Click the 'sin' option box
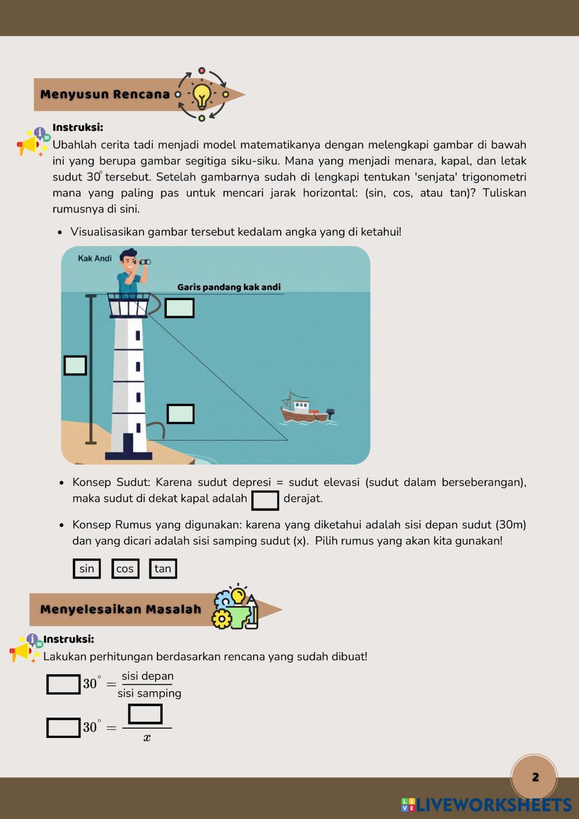(x=87, y=569)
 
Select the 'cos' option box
(x=125, y=569)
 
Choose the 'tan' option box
(x=163, y=569)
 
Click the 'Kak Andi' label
(x=95, y=258)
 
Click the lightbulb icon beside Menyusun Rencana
(x=201, y=94)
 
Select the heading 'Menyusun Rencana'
(x=105, y=94)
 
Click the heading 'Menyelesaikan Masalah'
(x=120, y=609)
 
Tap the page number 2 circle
(x=534, y=777)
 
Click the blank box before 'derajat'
(x=265, y=500)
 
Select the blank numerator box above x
(x=145, y=714)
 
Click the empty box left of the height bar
(x=75, y=365)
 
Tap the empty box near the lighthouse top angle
(x=179, y=308)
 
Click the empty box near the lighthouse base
(x=181, y=414)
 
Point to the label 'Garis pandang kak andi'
(x=229, y=287)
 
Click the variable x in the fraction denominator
(x=147, y=738)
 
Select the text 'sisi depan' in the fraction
(x=148, y=676)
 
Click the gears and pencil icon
(x=236, y=609)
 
